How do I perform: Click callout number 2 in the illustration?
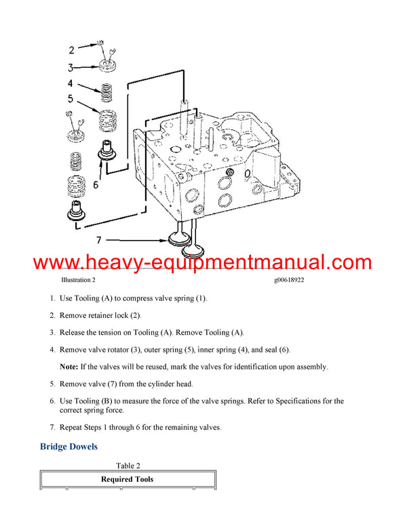point(72,49)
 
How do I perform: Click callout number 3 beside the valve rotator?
point(71,67)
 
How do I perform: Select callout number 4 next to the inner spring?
point(71,84)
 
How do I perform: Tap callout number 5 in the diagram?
point(71,100)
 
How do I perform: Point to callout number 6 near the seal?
point(96,184)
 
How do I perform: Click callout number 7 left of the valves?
point(99,240)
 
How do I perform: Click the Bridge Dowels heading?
point(69,447)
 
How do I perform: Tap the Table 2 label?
point(128,466)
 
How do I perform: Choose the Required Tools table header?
point(128,479)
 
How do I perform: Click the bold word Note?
point(69,367)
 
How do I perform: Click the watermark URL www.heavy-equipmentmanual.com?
point(203,262)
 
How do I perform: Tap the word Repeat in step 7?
point(73,427)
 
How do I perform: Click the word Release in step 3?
point(73,333)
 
